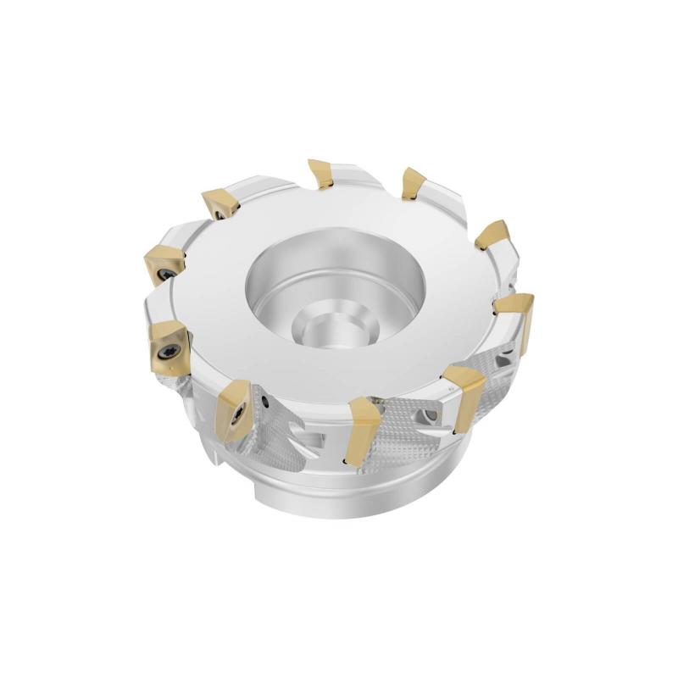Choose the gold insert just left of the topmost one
(219, 203)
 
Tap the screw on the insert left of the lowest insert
(236, 414)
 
